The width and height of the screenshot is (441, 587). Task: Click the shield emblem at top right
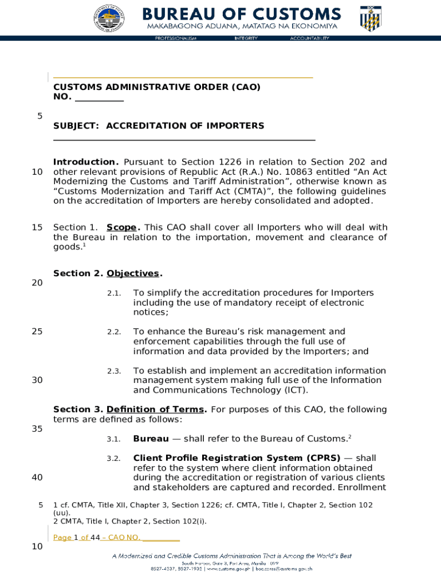pos(370,19)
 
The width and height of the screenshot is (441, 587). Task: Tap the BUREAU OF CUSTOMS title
pos(241,14)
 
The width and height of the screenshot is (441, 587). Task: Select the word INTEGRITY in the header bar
pos(246,38)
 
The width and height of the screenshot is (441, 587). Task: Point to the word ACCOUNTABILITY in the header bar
pos(309,38)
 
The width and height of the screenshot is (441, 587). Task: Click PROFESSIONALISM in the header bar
pos(176,38)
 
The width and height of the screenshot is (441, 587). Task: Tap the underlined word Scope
pos(123,228)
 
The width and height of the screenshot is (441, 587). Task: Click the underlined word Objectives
pos(133,273)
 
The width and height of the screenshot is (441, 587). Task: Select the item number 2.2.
pos(114,332)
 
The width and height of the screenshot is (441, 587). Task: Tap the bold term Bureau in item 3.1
pos(151,439)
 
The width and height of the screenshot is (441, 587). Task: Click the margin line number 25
pos(37,331)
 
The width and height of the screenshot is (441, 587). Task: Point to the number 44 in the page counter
pos(86,537)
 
